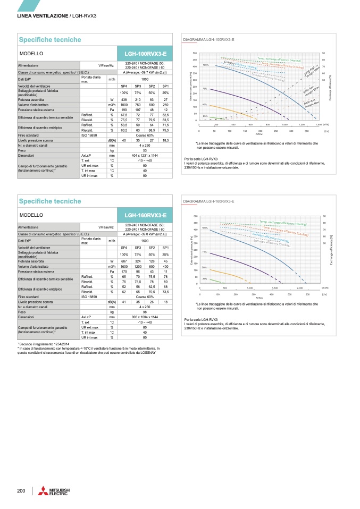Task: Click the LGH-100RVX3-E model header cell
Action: point(145,54)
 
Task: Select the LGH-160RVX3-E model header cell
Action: point(145,215)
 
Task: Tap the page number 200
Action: point(21,489)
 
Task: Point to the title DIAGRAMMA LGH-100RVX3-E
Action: point(208,40)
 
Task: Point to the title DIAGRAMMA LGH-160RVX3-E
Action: point(208,202)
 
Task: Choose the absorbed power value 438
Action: point(124,99)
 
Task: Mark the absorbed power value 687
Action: point(124,261)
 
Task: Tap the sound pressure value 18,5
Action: point(165,140)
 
